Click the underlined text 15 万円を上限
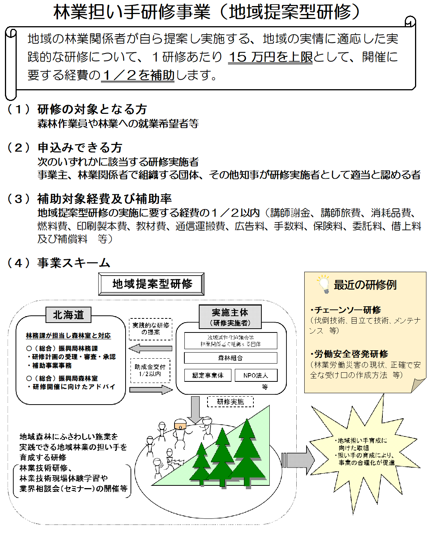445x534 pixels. pyautogui.click(x=270, y=57)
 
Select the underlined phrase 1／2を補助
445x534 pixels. pyautogui.click(x=138, y=75)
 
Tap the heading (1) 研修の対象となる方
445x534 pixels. pyautogui.click(x=77, y=109)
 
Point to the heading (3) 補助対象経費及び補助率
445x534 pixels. pyautogui.click(x=90, y=198)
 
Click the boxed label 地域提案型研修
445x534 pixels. pyautogui.click(x=151, y=284)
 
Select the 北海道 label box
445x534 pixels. pyautogui.click(x=68, y=315)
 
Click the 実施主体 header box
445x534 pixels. pyautogui.click(x=230, y=316)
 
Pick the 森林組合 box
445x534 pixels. pyautogui.click(x=230, y=358)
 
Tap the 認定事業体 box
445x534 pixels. pyautogui.click(x=208, y=375)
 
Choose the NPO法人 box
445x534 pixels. pyautogui.click(x=256, y=375)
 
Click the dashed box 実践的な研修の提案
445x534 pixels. pyautogui.click(x=151, y=329)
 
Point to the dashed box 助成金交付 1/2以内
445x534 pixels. pyautogui.click(x=150, y=370)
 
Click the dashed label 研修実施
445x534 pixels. pyautogui.click(x=230, y=402)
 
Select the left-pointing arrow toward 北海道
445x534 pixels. pyautogui.click(x=150, y=348)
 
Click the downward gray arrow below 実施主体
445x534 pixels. pyautogui.click(x=195, y=410)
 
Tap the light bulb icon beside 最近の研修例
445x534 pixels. pyautogui.click(x=324, y=285)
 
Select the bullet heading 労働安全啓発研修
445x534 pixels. pyautogui.click(x=349, y=354)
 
